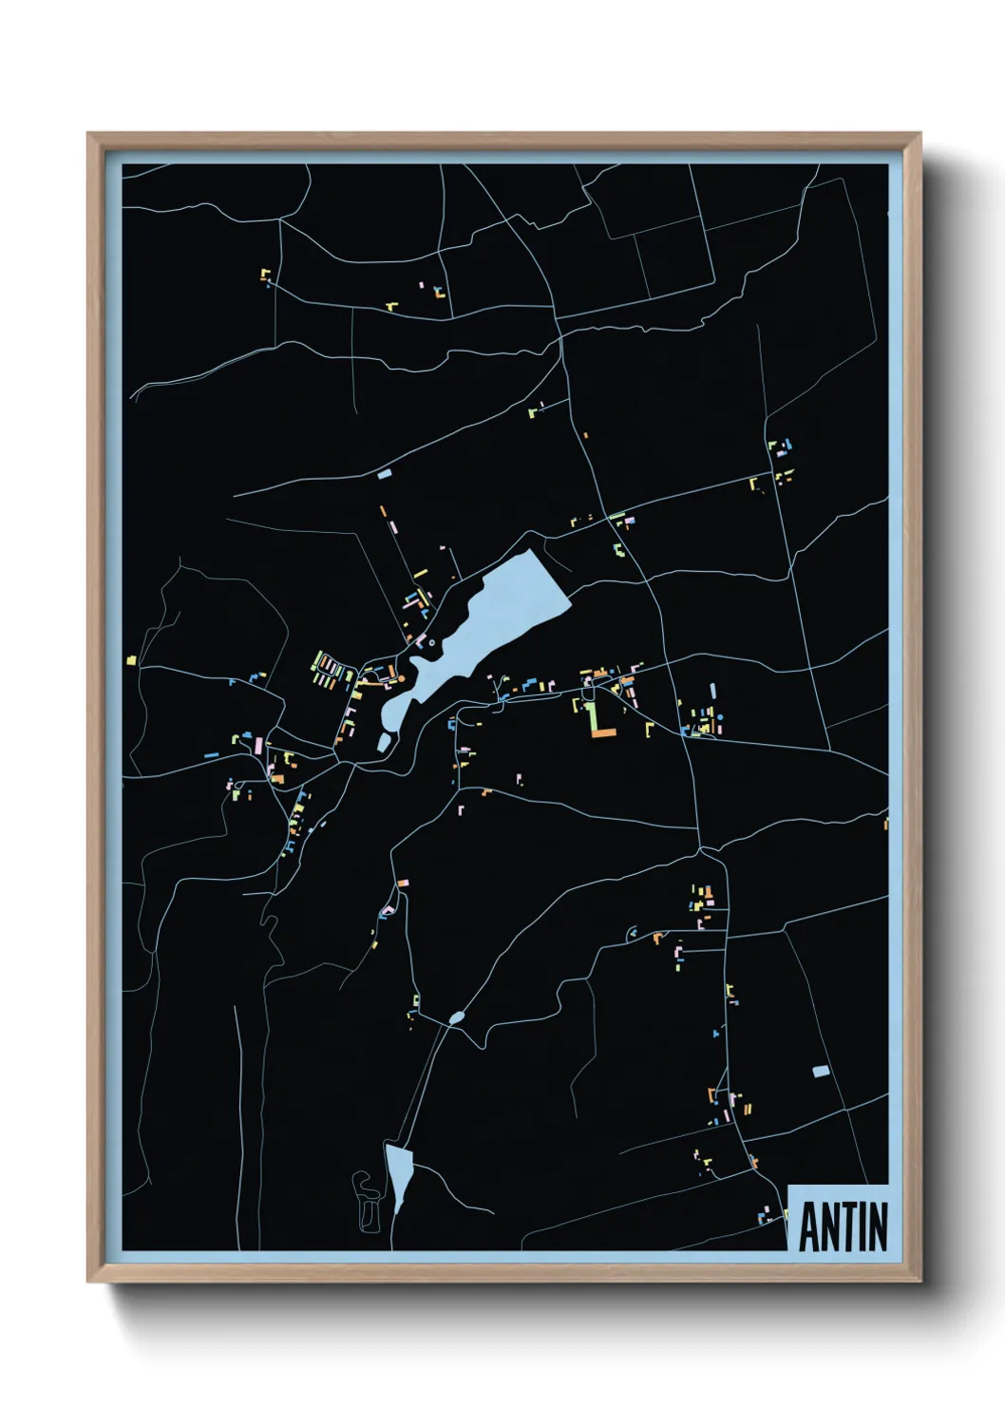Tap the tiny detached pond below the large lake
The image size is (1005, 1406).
click(x=383, y=742)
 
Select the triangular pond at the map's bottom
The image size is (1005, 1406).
click(x=398, y=1174)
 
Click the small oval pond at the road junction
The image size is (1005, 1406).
click(x=457, y=1018)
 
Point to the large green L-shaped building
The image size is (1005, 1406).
click(x=593, y=717)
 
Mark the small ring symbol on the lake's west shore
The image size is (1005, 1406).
click(x=432, y=643)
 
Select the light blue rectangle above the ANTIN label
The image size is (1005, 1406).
click(x=821, y=1071)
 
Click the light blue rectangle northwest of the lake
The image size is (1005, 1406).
click(x=385, y=473)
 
